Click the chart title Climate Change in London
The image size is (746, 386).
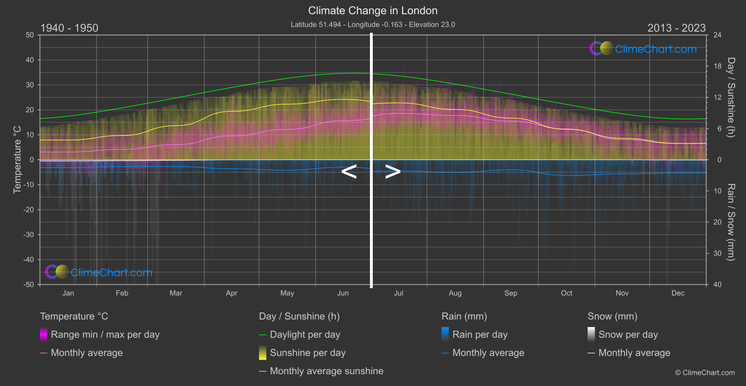pyautogui.click(x=373, y=11)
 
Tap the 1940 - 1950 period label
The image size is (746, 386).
pyautogui.click(x=69, y=28)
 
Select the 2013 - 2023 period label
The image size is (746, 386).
pyautogui.click(x=676, y=28)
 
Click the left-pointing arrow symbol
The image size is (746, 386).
pyautogui.click(x=349, y=172)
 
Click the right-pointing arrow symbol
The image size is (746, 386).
pyautogui.click(x=392, y=172)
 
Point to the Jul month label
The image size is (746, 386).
pyautogui.click(x=399, y=293)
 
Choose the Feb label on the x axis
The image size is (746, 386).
pyautogui.click(x=122, y=293)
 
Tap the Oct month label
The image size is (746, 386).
pyautogui.click(x=567, y=293)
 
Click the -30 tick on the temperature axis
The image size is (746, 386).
pyautogui.click(x=29, y=235)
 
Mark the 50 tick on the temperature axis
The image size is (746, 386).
pyautogui.click(x=30, y=35)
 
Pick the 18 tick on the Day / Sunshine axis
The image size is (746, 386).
pyautogui.click(x=717, y=66)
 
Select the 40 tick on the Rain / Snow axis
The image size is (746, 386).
pyautogui.click(x=717, y=284)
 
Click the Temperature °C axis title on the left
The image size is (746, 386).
pyautogui.click(x=17, y=159)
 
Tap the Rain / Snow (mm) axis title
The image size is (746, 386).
pyautogui.click(x=731, y=222)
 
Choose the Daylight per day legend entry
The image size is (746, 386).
pyautogui.click(x=305, y=335)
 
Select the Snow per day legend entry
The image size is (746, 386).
pyautogui.click(x=628, y=335)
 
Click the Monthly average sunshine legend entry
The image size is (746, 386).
pyautogui.click(x=326, y=371)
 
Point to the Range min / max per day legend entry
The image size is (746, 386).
pyautogui.click(x=105, y=335)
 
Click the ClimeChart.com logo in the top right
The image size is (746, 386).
pyautogui.click(x=643, y=49)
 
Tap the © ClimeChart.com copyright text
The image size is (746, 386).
pyautogui.click(x=705, y=373)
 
